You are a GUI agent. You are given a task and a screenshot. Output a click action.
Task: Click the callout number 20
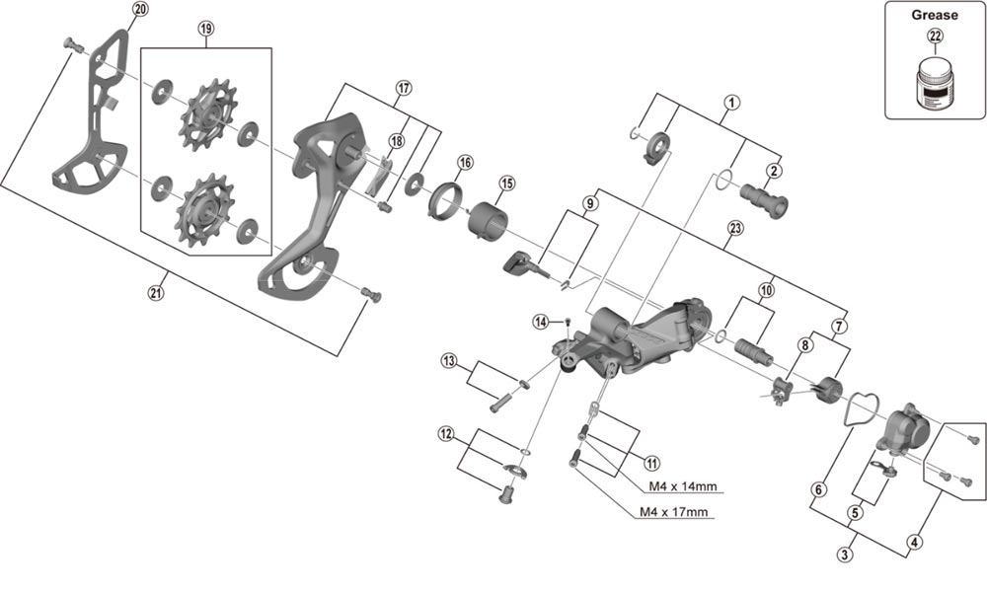click(139, 9)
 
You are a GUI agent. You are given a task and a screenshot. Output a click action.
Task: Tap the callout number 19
click(205, 29)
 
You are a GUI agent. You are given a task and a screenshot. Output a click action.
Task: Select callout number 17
click(403, 87)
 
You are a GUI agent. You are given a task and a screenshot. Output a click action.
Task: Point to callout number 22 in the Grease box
click(935, 37)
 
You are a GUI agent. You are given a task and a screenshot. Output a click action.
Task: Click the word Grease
click(935, 15)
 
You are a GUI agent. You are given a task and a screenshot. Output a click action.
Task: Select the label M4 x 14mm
click(682, 485)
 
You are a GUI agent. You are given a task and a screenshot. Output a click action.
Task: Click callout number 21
click(155, 292)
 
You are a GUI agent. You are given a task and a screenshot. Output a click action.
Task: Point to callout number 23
click(734, 227)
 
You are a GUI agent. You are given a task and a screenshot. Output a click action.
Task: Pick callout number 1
click(731, 101)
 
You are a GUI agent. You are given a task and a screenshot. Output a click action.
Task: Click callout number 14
click(540, 322)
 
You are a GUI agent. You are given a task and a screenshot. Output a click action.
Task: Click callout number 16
click(465, 162)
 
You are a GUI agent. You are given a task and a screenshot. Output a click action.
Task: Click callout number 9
click(589, 204)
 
